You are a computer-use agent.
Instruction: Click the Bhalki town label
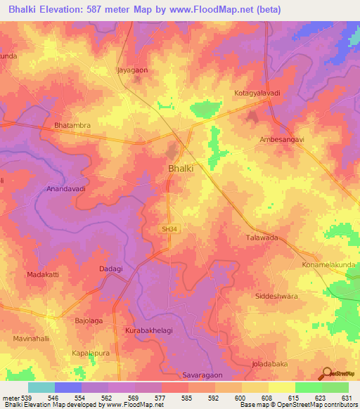(181, 169)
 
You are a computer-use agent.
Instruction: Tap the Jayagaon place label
(132, 70)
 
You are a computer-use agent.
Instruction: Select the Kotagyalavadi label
(256, 93)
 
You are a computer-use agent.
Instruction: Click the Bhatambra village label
(73, 126)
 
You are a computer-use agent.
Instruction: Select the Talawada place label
(261, 238)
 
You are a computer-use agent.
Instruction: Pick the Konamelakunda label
(328, 265)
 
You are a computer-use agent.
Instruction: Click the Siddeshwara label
(276, 297)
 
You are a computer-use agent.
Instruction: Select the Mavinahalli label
(32, 339)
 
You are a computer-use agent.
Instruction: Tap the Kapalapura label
(92, 353)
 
